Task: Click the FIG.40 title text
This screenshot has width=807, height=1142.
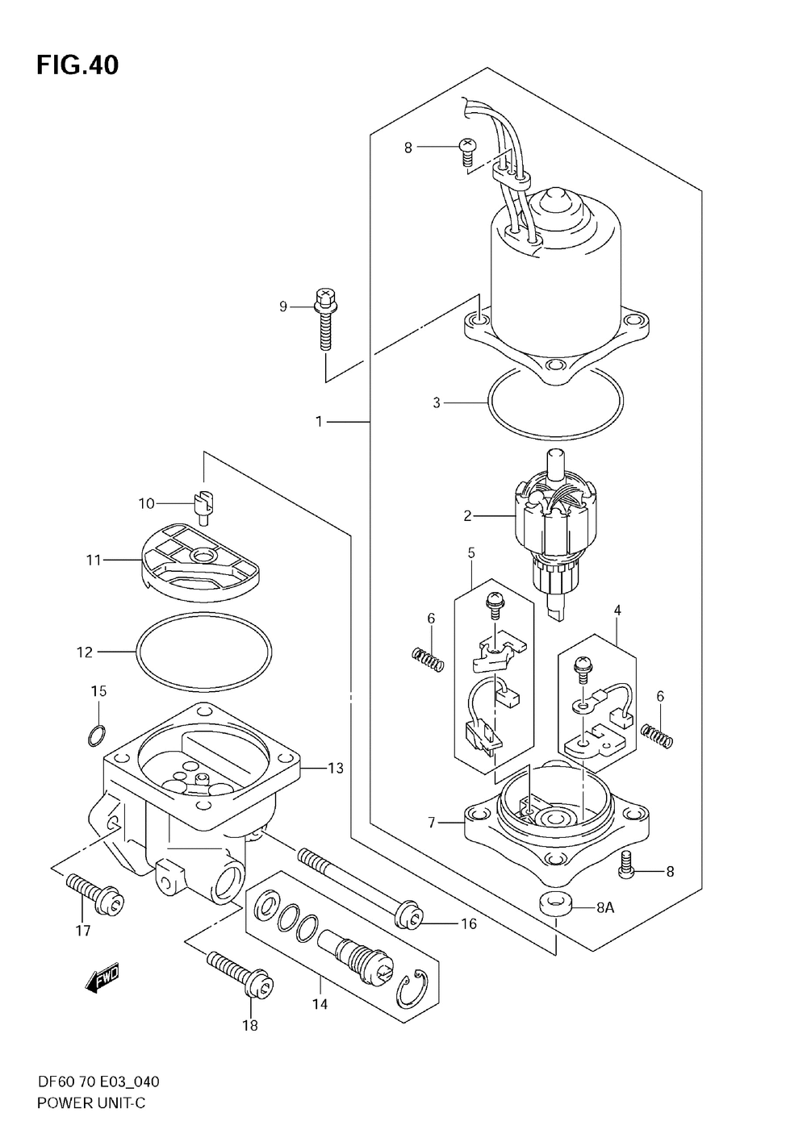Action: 77,65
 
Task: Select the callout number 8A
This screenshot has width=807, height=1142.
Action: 604,907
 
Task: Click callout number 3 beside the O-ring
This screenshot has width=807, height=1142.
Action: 436,402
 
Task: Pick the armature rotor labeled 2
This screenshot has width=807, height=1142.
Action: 554,534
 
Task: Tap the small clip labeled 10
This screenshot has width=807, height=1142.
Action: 205,506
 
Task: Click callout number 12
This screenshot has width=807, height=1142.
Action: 85,652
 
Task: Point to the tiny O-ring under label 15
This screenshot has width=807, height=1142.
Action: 98,736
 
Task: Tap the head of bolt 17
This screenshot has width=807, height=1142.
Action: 111,904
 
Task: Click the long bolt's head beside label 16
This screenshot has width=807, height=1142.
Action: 410,919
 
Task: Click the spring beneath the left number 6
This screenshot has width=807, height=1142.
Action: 428,658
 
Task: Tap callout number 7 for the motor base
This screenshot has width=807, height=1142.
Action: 432,823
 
